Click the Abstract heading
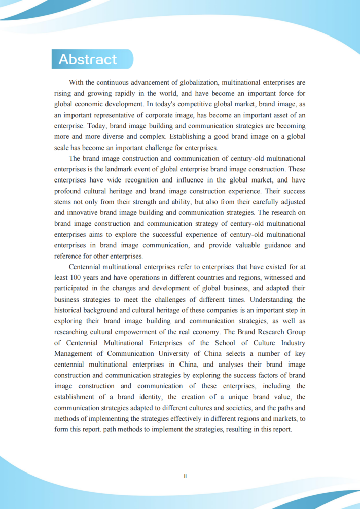point(88,59)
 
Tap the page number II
point(185,476)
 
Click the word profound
point(68,191)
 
